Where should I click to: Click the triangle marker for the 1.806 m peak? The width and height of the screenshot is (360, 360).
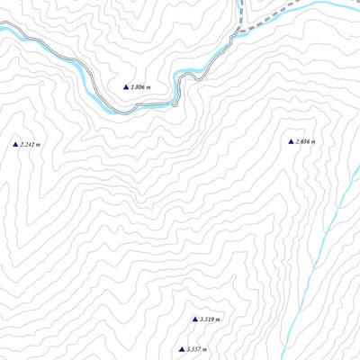(x=126, y=86)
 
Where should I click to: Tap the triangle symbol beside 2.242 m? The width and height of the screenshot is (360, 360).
(x=15, y=144)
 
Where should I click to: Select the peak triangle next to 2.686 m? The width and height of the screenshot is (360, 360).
(x=291, y=141)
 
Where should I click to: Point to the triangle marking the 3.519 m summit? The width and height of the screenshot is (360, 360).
(x=194, y=319)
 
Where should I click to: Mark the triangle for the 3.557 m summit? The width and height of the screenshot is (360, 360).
(x=181, y=348)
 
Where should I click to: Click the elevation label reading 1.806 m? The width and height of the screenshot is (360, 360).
(x=141, y=87)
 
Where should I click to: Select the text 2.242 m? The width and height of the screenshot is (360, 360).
(x=31, y=145)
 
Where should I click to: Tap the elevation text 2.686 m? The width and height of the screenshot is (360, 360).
(x=306, y=142)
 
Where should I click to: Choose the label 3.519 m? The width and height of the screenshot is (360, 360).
(x=211, y=319)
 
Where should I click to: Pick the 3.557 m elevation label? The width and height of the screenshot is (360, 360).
(x=197, y=349)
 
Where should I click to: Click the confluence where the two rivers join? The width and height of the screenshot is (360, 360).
(x=241, y=32)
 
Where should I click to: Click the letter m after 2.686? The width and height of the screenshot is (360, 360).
(x=316, y=142)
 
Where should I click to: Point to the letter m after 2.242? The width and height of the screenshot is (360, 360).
(x=40, y=145)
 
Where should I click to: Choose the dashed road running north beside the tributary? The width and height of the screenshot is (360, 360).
(x=246, y=11)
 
